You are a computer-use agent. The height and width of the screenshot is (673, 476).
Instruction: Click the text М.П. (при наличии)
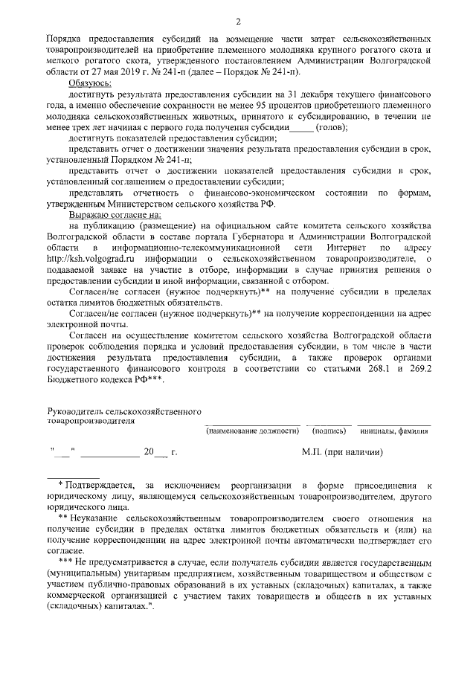click(x=341, y=452)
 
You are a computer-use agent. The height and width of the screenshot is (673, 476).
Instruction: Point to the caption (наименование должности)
click(x=252, y=430)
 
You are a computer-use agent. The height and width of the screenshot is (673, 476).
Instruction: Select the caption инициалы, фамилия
click(x=393, y=430)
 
